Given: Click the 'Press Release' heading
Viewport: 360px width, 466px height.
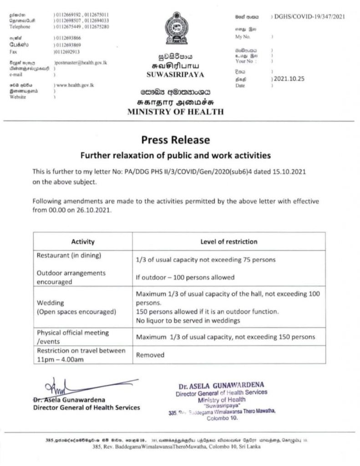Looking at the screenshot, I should click(175, 139).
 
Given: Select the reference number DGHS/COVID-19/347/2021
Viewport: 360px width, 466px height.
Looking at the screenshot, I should click(308, 16).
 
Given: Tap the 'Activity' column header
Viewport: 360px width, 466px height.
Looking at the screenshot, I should click(83, 242).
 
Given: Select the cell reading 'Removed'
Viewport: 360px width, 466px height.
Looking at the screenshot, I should click(150, 355).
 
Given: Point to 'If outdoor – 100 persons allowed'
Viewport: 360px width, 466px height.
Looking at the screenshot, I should click(185, 277).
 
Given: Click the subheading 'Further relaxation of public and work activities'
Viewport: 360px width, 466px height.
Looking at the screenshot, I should click(175, 155).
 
